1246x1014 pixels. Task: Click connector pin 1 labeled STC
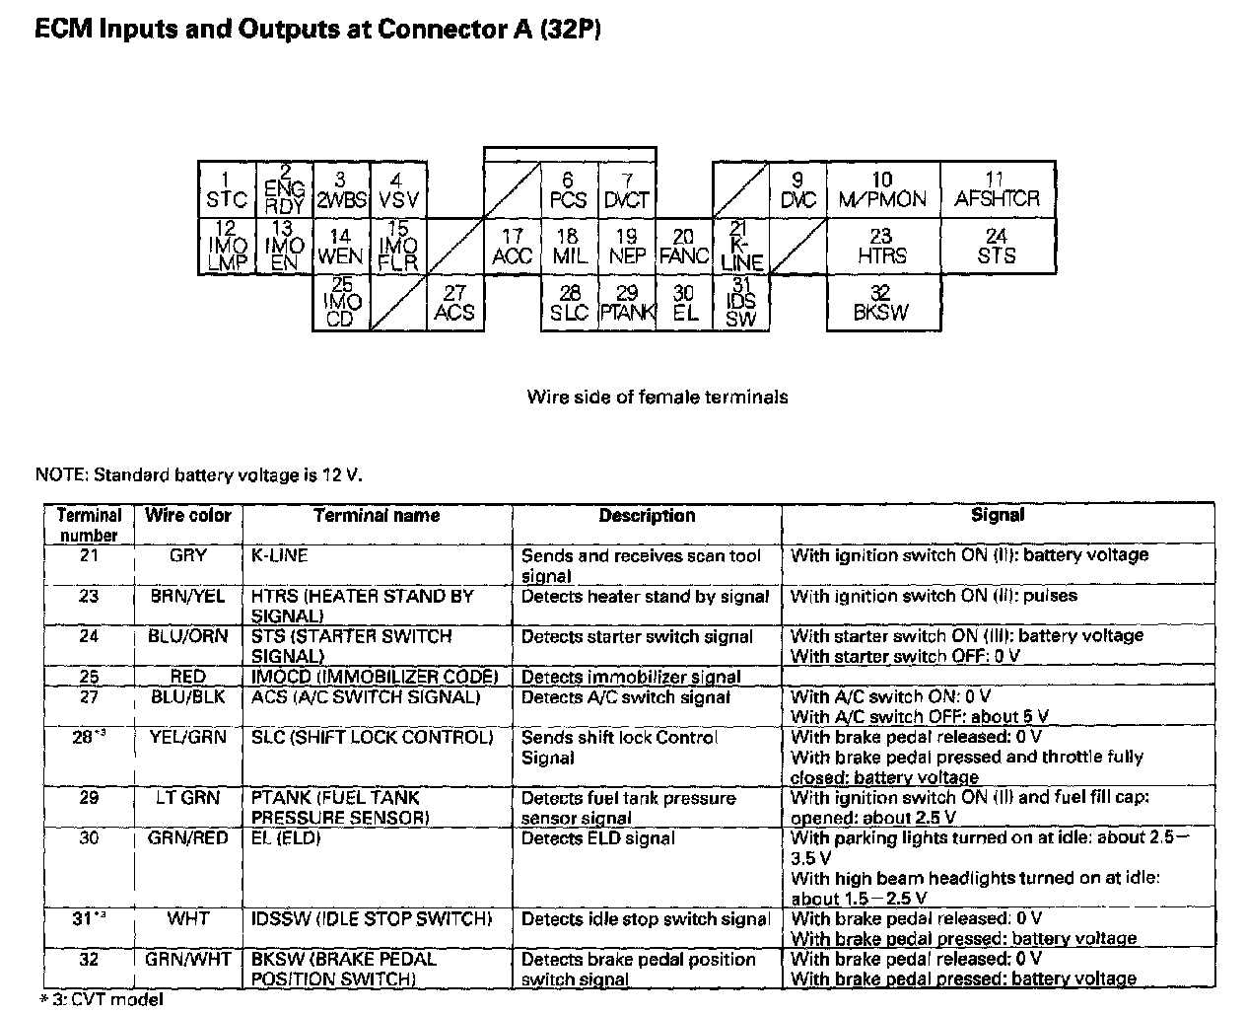point(227,190)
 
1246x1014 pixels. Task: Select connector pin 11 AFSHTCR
point(997,190)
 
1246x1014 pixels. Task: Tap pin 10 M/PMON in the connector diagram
point(882,190)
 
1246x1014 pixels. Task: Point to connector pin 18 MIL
point(569,247)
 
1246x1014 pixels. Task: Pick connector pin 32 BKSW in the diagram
point(881,304)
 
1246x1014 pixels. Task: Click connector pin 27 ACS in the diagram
point(454,304)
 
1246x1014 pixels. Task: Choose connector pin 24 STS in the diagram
point(997,247)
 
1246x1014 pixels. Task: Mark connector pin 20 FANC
point(684,247)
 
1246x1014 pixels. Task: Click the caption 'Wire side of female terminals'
point(658,398)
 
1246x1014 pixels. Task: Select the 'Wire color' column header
point(188,515)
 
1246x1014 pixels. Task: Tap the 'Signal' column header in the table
point(998,515)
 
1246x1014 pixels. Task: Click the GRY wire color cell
point(188,556)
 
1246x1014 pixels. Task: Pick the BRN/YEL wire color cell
point(188,597)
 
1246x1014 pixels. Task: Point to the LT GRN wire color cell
point(188,798)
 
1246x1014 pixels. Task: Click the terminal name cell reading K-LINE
point(280,556)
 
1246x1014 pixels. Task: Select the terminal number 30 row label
point(90,838)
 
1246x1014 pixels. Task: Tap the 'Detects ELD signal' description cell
point(598,838)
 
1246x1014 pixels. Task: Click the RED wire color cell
point(188,677)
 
